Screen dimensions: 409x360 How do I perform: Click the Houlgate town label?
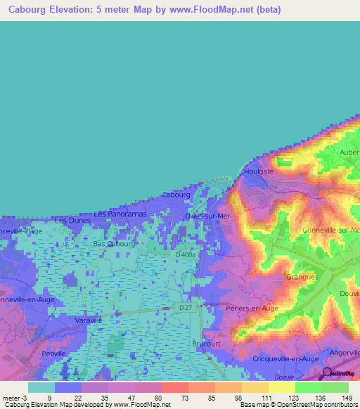[x=257, y=171]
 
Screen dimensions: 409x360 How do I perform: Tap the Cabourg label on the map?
[x=176, y=195]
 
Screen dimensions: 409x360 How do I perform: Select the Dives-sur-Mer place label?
[x=207, y=216]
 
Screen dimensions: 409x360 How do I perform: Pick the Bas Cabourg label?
[x=115, y=244]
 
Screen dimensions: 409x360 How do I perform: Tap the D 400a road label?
[x=187, y=254]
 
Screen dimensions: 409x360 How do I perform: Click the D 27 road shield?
[x=184, y=308]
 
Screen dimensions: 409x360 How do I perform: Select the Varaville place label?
[x=89, y=320]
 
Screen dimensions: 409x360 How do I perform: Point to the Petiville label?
[x=53, y=353]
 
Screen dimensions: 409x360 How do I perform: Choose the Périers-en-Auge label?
[x=252, y=308]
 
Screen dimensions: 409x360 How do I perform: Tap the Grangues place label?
[x=303, y=277]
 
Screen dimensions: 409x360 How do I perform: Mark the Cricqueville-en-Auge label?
[x=285, y=358]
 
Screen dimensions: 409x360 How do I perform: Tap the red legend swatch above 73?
[x=174, y=387]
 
